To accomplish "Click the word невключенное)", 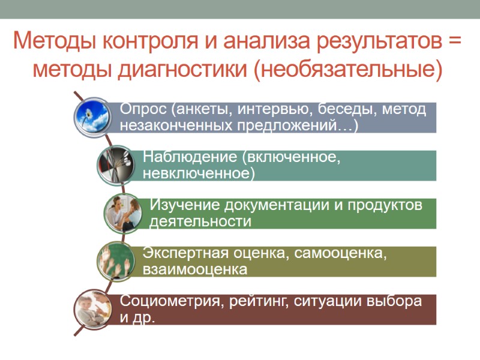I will pos(199,173).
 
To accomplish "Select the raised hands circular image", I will pos(116,260).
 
